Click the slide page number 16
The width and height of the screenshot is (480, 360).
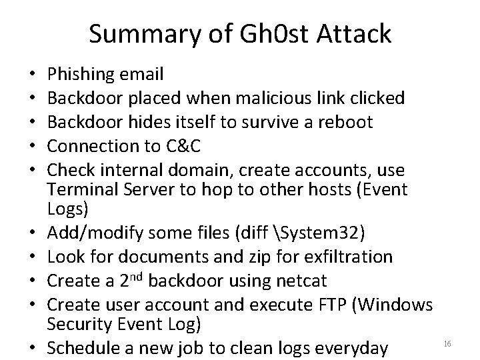point(447,343)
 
